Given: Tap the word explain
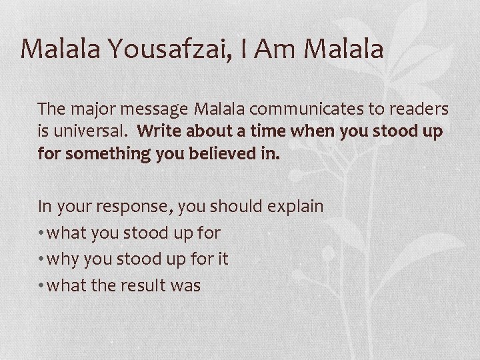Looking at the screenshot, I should click(x=295, y=206).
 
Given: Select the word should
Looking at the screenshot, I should click(x=234, y=206).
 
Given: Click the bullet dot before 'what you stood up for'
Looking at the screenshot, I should click(x=42, y=233).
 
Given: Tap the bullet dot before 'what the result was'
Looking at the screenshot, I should click(x=42, y=285).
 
